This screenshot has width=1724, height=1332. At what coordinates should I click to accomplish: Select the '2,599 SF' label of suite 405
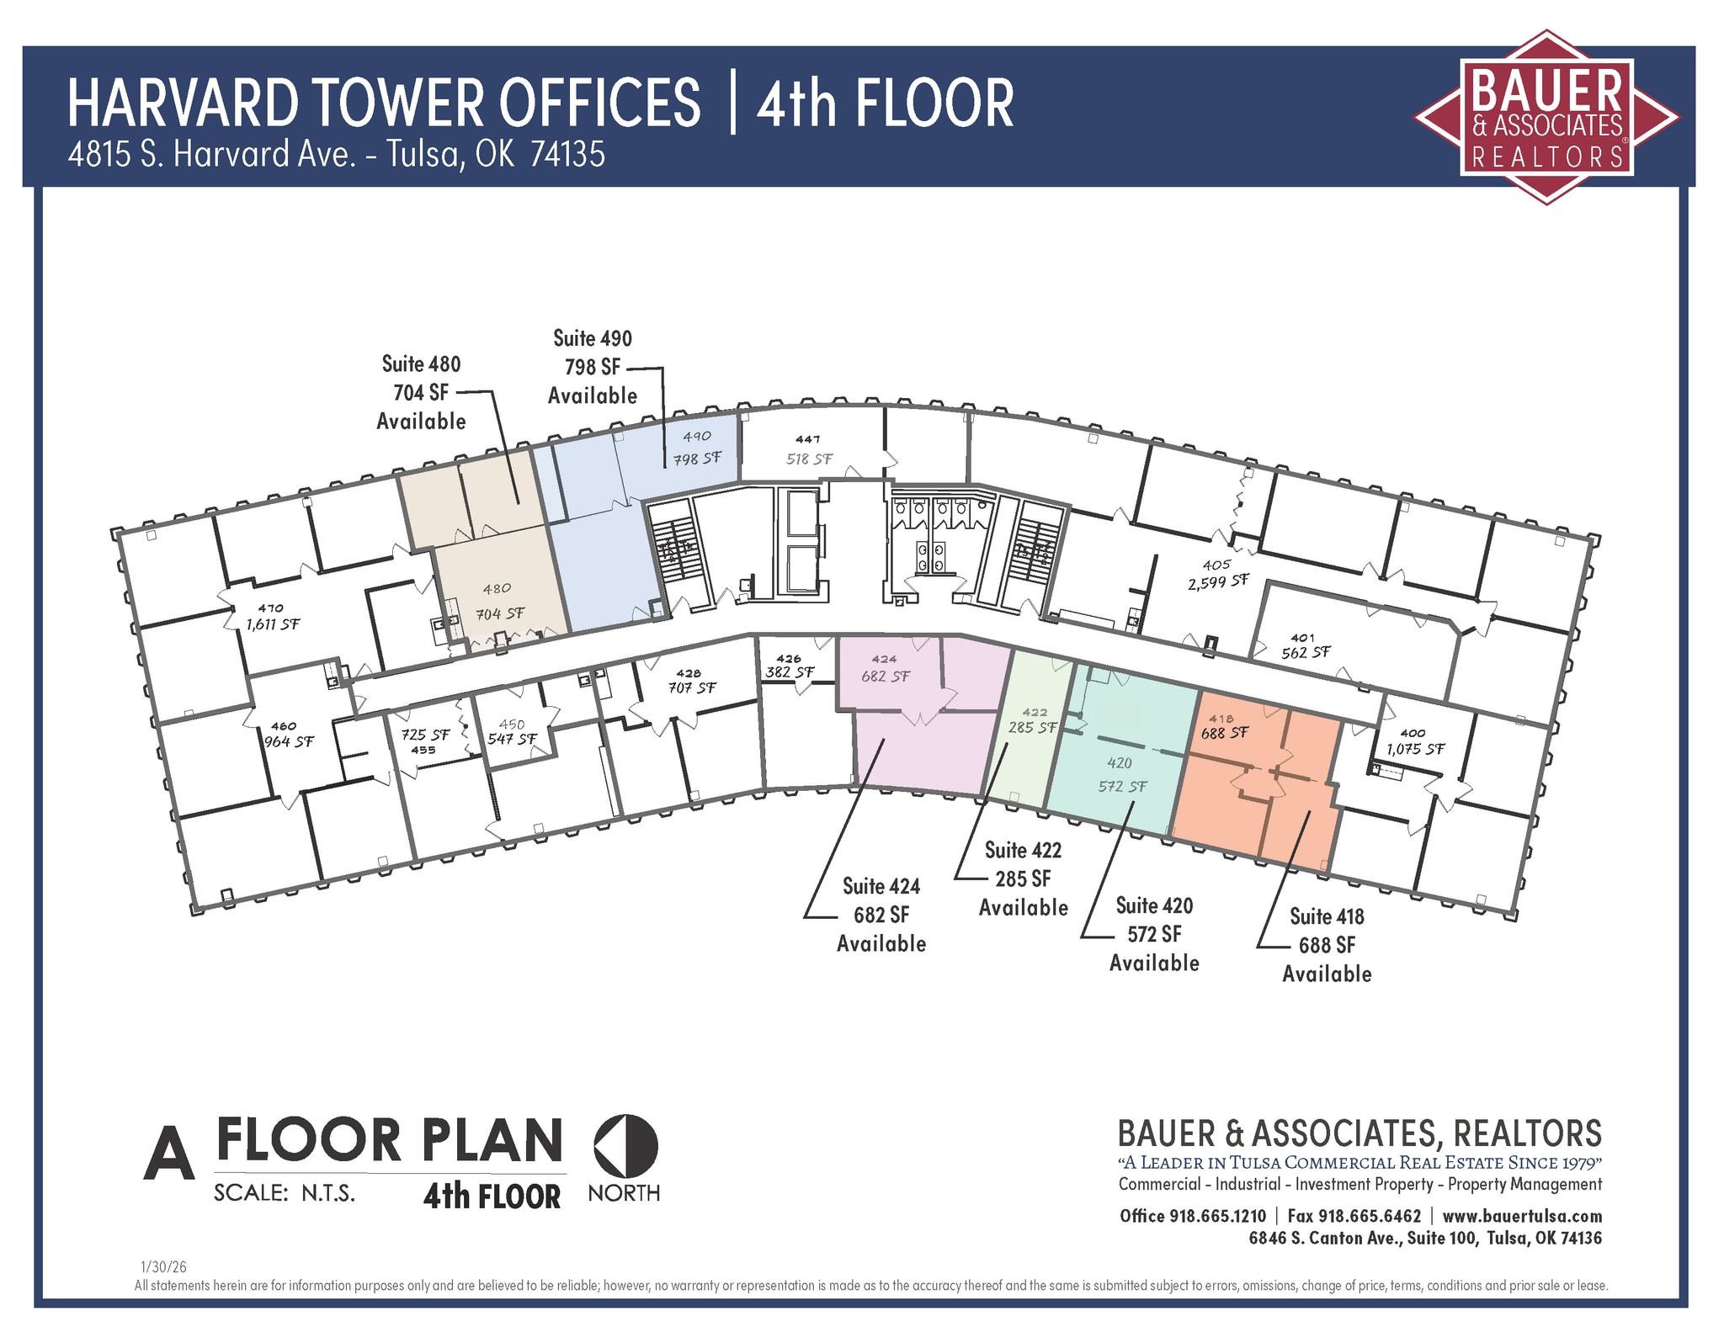[1218, 581]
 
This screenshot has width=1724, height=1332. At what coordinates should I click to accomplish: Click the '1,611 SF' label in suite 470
[272, 624]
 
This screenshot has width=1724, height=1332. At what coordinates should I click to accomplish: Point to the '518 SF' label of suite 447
[810, 459]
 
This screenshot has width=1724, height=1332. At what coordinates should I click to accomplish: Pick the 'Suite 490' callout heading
[593, 338]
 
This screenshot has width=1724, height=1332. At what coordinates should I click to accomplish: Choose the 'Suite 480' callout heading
[421, 364]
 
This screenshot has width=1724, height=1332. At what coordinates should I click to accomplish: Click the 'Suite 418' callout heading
[1327, 916]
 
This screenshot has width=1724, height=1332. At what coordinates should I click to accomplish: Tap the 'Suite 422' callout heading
[1023, 850]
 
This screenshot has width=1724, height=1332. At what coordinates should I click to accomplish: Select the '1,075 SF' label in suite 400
[1415, 748]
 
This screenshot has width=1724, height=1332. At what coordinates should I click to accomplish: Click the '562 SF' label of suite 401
[1306, 652]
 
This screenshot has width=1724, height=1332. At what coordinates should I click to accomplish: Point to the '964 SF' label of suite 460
[289, 741]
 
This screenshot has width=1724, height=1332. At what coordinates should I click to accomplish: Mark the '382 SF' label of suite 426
[790, 672]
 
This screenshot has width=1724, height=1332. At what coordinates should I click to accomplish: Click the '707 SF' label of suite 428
[692, 687]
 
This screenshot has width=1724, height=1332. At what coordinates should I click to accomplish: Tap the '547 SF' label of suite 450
[512, 739]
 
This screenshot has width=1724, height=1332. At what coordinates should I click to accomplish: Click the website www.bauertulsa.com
[1522, 1216]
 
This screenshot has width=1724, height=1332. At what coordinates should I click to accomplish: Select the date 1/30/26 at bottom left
[163, 1266]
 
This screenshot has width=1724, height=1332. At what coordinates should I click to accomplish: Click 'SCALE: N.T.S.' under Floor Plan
[285, 1193]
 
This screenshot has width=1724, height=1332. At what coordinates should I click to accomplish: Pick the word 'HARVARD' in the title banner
[182, 103]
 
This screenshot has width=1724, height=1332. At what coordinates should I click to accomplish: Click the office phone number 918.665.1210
[1217, 1216]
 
